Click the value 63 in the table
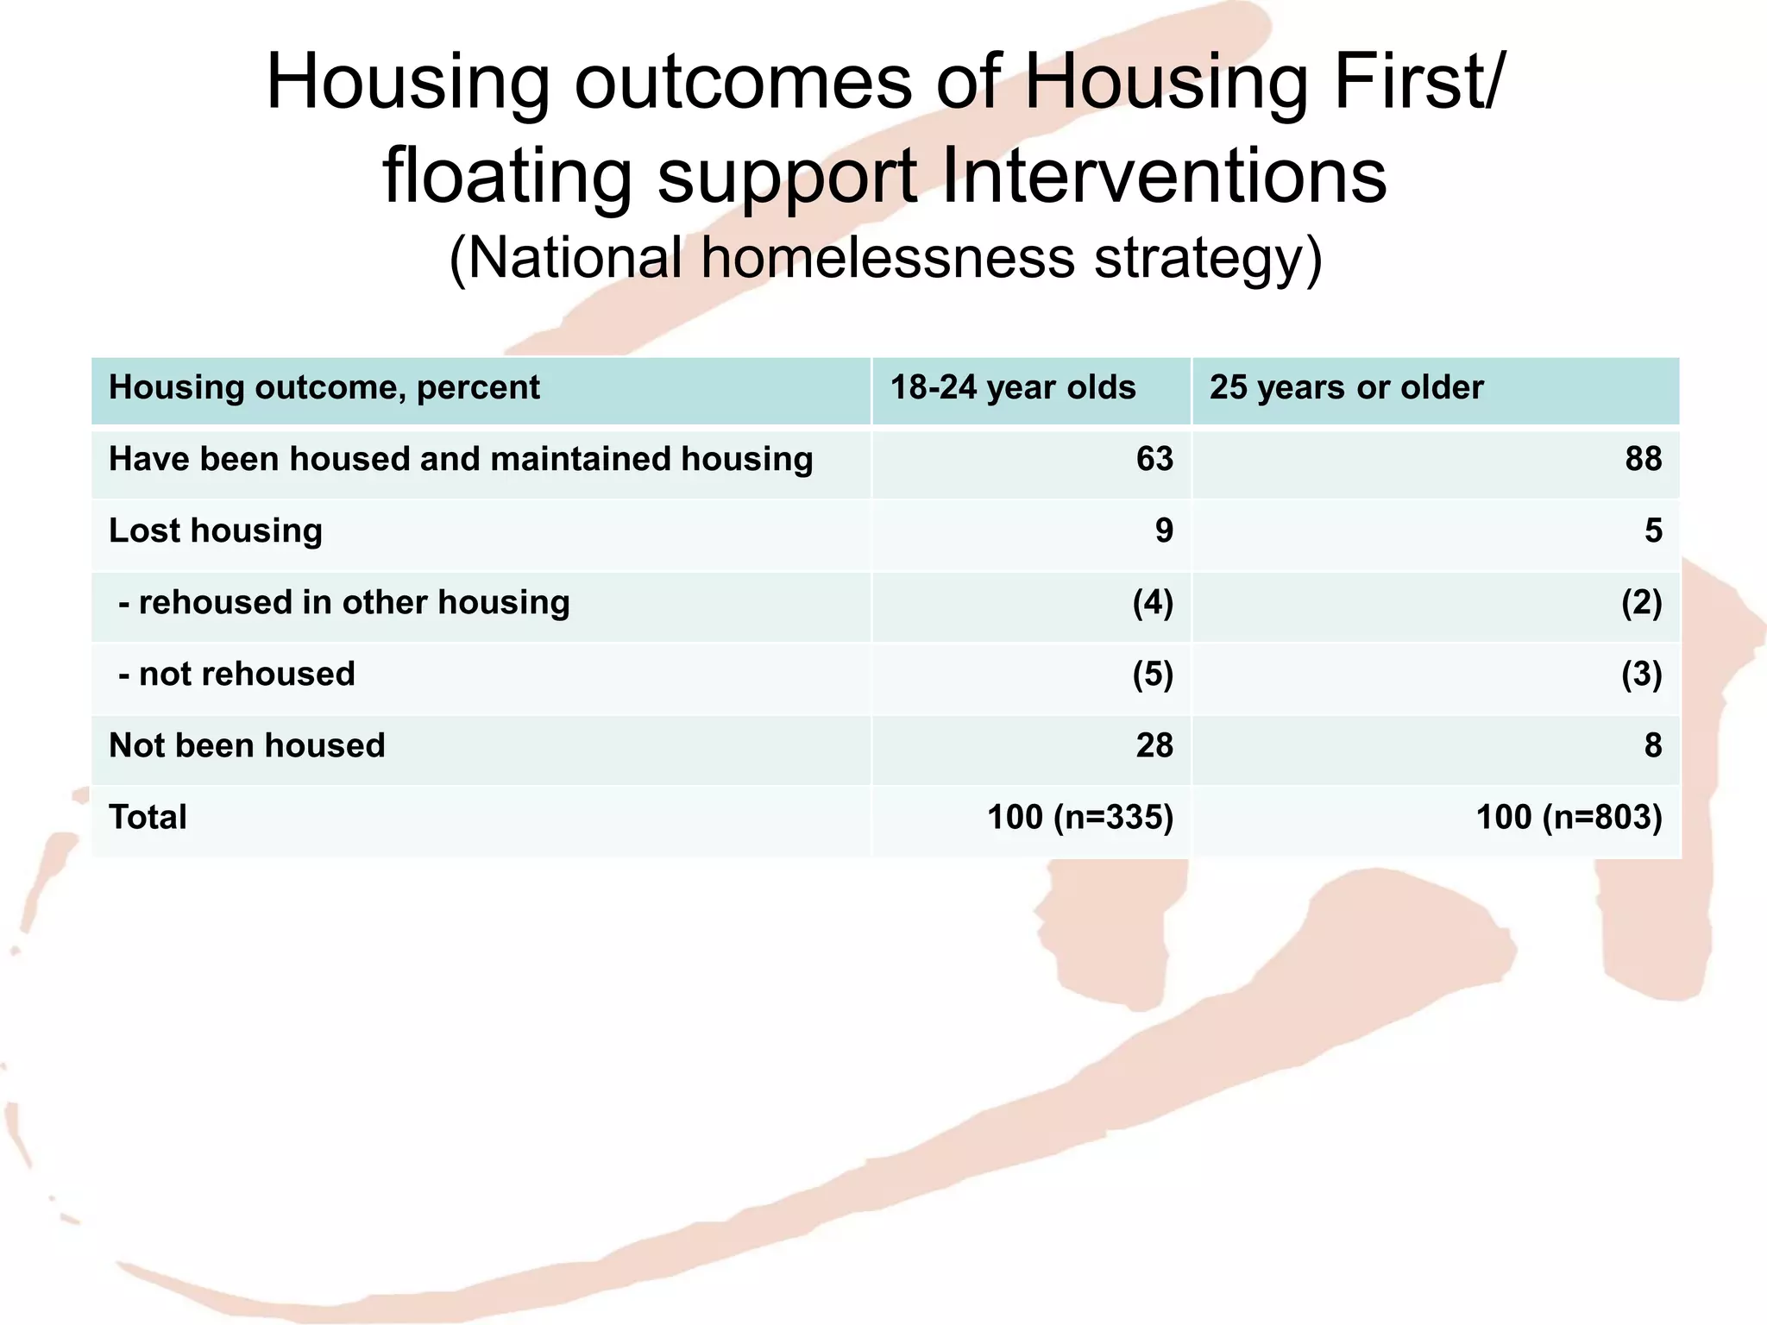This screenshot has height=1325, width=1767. [x=1154, y=459]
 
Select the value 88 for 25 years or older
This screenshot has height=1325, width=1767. [x=1643, y=459]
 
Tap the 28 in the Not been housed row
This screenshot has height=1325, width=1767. [x=1154, y=745]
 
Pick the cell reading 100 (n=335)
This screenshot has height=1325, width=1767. [x=1079, y=817]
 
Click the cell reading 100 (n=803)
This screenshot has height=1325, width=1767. [x=1569, y=817]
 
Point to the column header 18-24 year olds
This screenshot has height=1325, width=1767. [x=1012, y=387]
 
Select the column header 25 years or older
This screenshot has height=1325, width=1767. [x=1346, y=387]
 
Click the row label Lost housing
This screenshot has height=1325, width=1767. [x=216, y=531]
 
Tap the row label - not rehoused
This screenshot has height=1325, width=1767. [x=236, y=674]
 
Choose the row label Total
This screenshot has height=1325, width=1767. [x=148, y=817]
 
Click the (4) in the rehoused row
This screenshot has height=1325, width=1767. [x=1153, y=602]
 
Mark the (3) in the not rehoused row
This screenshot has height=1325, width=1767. [x=1641, y=674]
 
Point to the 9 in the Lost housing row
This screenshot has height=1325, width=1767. [x=1164, y=531]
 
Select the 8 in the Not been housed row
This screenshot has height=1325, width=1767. [x=1652, y=745]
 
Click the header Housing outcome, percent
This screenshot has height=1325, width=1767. [x=324, y=387]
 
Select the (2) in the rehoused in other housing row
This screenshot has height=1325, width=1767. [x=1641, y=602]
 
